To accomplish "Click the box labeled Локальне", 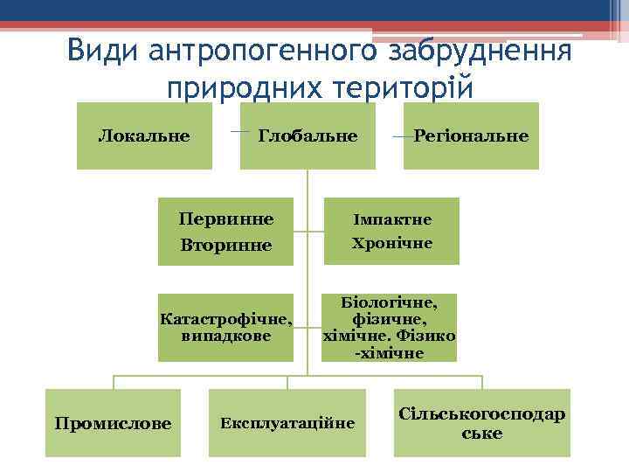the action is pos(144,135).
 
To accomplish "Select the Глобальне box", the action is pos(308,135).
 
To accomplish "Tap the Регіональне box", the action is pos(471,135).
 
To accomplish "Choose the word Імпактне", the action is pos(391,219).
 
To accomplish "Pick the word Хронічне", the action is pos(391,243).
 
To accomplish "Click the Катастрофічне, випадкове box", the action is pos(225,327).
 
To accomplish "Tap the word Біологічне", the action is pos(391,302).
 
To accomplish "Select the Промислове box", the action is pos(113,423).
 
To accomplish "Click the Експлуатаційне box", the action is pos(287,423).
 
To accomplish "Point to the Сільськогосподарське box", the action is pos(481,423).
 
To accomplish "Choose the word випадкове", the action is pos(225,336).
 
